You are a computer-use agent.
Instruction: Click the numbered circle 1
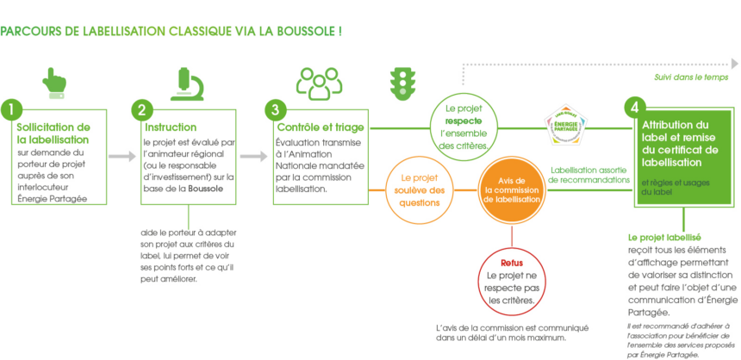point(11,109)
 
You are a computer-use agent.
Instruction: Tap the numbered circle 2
point(141,109)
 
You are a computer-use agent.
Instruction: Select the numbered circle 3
point(274,109)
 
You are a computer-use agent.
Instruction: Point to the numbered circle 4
point(633,107)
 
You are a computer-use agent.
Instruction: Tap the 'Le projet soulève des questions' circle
point(422,189)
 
